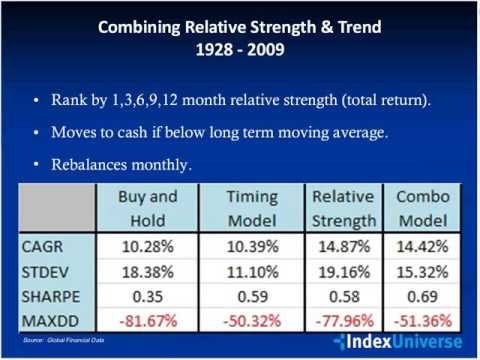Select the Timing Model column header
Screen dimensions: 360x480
(255, 209)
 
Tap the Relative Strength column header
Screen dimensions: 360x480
(343, 209)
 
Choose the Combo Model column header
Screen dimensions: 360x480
(422, 209)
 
